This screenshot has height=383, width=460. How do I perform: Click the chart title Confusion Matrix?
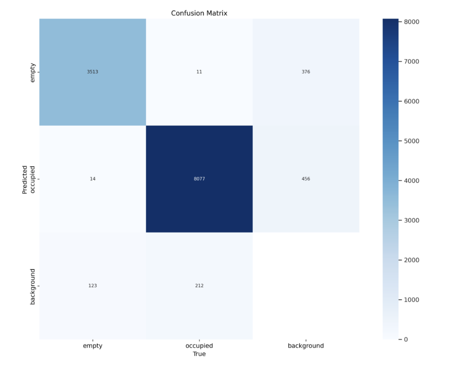(x=199, y=13)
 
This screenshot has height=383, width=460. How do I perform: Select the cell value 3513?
(x=93, y=72)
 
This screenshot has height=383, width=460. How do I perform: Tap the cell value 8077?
(x=199, y=179)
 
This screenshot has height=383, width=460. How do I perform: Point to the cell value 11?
(x=199, y=72)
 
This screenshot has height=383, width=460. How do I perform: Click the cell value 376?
(x=306, y=72)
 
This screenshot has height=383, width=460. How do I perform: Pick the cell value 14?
(x=93, y=179)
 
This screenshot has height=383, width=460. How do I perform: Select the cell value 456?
(x=306, y=179)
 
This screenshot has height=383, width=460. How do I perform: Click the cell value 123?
(x=93, y=286)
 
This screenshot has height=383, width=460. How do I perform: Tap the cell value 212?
(x=199, y=286)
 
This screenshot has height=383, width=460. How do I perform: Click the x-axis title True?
(x=199, y=354)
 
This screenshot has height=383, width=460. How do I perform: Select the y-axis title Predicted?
(x=25, y=180)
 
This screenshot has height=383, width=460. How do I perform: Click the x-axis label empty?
(x=93, y=346)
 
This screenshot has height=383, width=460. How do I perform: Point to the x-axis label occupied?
(x=199, y=346)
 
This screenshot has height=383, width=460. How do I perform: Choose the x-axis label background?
(x=306, y=346)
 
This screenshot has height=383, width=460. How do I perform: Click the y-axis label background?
(x=33, y=286)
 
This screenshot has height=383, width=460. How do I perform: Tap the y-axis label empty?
(x=33, y=73)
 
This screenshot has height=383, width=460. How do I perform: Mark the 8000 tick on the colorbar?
(x=411, y=22)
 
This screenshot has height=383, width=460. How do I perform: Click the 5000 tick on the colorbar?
(x=411, y=141)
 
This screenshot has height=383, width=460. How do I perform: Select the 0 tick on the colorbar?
(x=406, y=339)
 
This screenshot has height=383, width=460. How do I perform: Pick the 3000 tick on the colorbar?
(x=411, y=220)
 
